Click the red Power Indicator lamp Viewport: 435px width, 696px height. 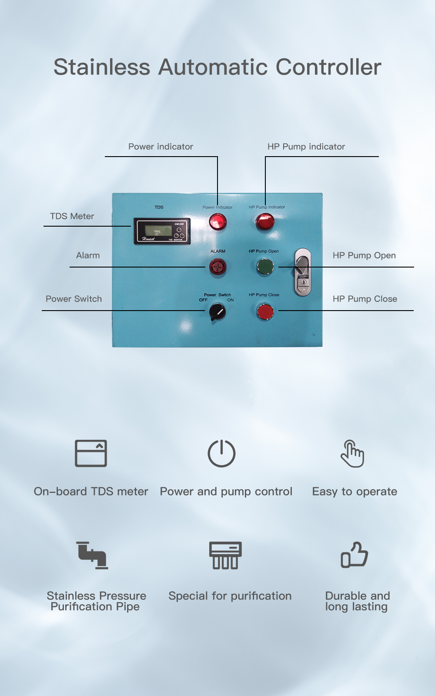coord(217,222)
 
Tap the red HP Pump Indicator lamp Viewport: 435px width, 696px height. coord(265,222)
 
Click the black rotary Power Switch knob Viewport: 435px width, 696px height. coord(217,311)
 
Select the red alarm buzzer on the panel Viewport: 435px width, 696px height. coord(217,267)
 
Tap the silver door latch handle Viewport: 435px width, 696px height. coord(303,272)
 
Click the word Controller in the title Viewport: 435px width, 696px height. coord(328,67)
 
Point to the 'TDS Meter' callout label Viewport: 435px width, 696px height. coord(72,216)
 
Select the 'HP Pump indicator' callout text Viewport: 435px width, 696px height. coord(306,147)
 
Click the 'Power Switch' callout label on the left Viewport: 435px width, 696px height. coord(74,299)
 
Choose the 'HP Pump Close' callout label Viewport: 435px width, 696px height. coord(365,299)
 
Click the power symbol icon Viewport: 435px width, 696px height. coord(221,453)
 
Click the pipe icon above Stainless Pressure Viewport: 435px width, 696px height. coord(92,555)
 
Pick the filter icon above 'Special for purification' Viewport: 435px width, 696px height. coord(225,555)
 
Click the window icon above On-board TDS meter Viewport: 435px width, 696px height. coord(91,453)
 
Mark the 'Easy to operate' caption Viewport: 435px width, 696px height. coord(355,492)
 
